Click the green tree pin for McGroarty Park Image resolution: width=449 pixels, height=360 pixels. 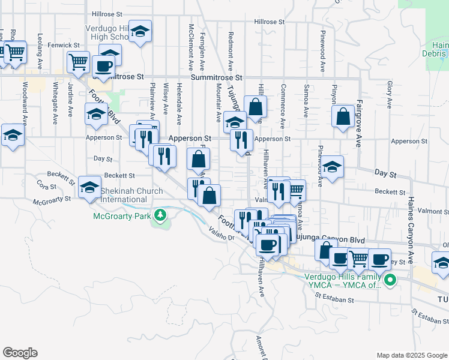[x=160, y=214]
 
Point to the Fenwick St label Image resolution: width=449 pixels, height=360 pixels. [x=65, y=45]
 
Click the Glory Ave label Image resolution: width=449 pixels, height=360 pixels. [x=390, y=94]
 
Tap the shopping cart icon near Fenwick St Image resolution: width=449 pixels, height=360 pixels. [x=78, y=61]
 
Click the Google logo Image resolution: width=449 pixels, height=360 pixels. [x=20, y=353]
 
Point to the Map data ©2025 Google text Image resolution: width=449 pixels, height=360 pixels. [x=411, y=355]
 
